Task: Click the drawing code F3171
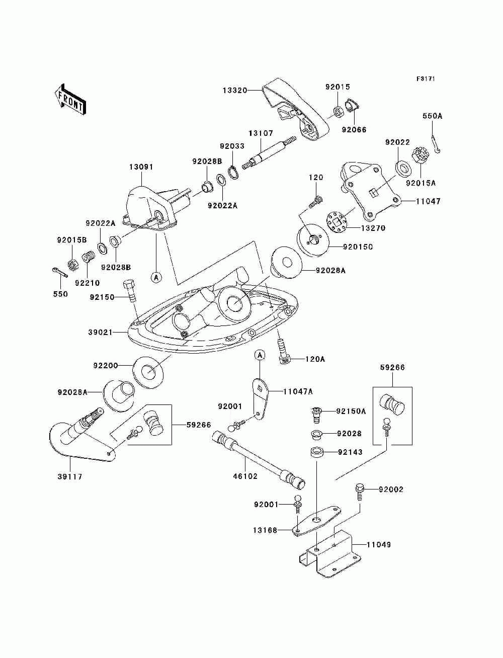tap(426, 79)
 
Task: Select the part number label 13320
tap(235, 90)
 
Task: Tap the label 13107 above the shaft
tap(261, 133)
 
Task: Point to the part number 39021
tap(101, 332)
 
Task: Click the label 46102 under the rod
tap(245, 476)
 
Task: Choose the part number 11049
tap(379, 544)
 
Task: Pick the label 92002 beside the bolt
tap(391, 489)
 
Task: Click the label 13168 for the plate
tap(265, 530)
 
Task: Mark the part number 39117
tap(70, 476)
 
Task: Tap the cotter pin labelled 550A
tap(436, 144)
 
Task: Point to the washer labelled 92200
tap(148, 373)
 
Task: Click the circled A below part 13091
tap(156, 277)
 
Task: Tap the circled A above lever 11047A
tap(260, 355)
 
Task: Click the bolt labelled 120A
tap(284, 351)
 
